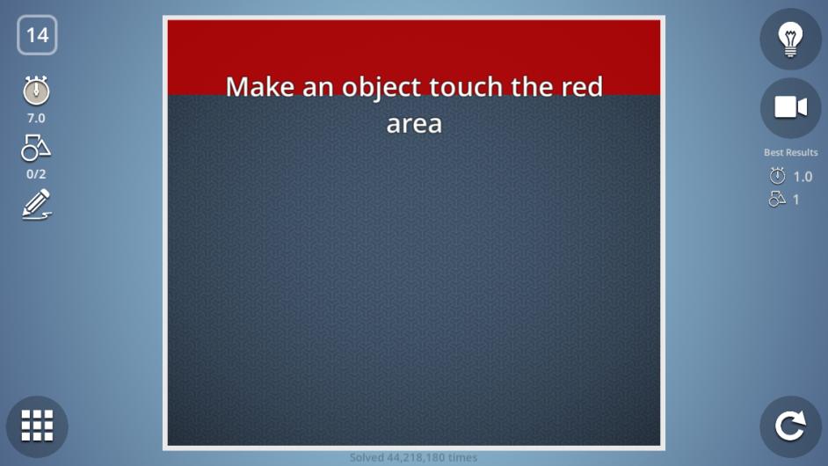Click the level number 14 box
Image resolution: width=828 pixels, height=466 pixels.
point(37,35)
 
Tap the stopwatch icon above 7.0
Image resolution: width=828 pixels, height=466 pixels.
point(36,91)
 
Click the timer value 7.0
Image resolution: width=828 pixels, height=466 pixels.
point(36,119)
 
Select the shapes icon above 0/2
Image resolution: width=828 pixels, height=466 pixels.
point(36,148)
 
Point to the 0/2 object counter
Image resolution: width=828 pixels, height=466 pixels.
point(36,174)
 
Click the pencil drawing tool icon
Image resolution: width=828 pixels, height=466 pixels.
point(36,204)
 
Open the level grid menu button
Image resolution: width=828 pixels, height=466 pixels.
point(37,426)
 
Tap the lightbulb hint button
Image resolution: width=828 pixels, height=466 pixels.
point(790,39)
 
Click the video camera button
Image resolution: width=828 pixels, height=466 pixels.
point(790,108)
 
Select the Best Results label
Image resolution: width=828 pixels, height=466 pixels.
point(790,153)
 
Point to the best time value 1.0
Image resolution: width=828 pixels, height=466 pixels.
point(803,177)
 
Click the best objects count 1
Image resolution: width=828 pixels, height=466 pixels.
point(795,200)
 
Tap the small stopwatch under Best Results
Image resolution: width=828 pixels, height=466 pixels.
point(777,176)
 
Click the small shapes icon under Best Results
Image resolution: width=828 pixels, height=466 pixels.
point(777,200)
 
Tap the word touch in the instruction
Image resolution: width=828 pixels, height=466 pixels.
point(466,86)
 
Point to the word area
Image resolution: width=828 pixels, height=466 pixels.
point(414,124)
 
